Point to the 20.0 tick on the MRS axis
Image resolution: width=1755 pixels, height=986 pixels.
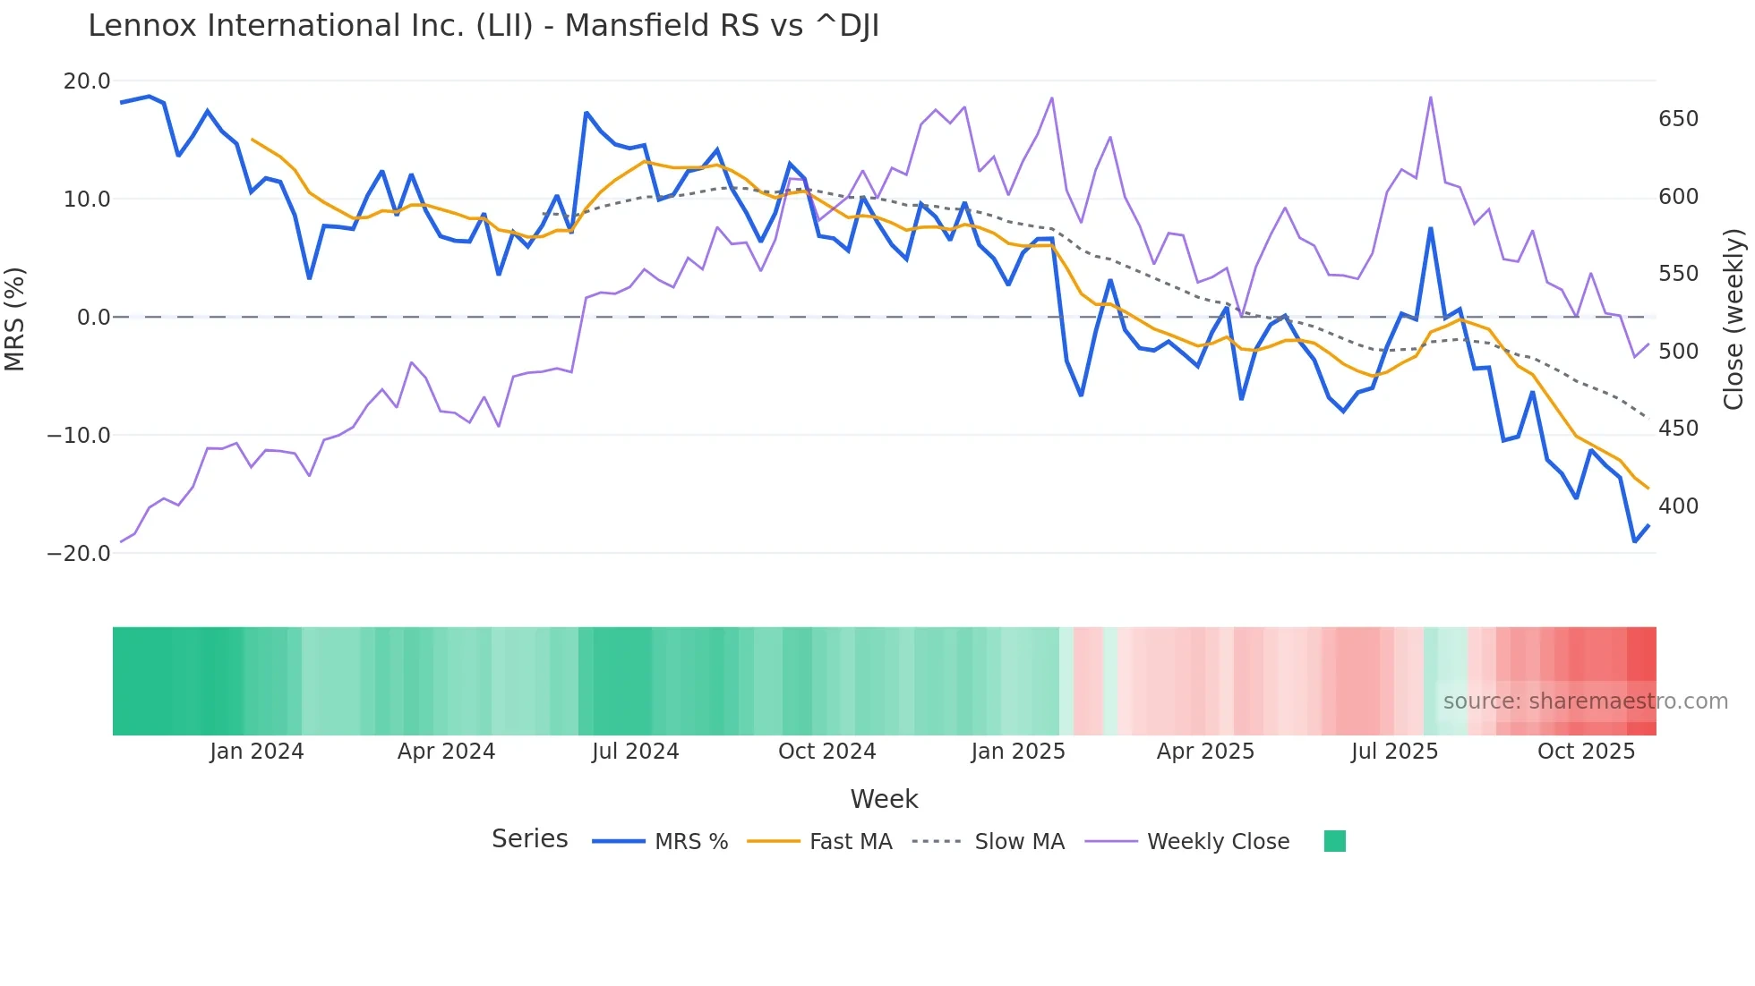(x=86, y=81)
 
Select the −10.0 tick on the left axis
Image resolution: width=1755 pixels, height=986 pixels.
(x=79, y=436)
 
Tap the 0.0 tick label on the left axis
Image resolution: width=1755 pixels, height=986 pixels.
(x=93, y=318)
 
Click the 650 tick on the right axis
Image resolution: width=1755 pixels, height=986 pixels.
(x=1678, y=119)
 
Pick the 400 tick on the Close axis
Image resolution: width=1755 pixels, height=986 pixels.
(x=1678, y=506)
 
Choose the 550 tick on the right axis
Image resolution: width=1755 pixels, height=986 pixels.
(x=1678, y=274)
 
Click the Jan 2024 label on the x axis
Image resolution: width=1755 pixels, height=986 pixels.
(x=257, y=752)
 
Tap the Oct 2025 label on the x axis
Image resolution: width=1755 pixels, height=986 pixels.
(x=1586, y=752)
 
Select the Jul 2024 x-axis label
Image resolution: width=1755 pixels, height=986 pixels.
(x=635, y=752)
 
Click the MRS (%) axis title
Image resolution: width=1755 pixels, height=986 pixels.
(x=15, y=319)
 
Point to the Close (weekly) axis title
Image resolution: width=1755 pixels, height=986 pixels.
(x=1734, y=319)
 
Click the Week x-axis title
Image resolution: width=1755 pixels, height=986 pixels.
(x=884, y=799)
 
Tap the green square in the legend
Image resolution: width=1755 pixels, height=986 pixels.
(x=1334, y=841)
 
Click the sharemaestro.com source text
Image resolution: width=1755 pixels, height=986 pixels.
(x=1585, y=701)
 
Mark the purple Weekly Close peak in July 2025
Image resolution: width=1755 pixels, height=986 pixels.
(x=1431, y=98)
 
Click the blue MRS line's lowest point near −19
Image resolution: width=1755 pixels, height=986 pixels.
(x=1634, y=541)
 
